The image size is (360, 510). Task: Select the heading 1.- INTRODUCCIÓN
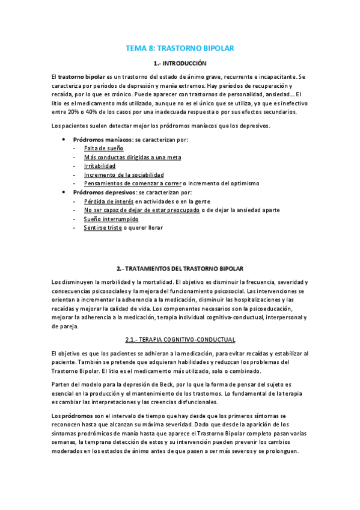[180, 63]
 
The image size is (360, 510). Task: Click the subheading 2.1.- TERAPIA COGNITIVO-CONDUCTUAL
[180, 339]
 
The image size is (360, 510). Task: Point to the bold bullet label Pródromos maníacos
[98, 139]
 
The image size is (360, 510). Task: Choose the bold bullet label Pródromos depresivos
[99, 192]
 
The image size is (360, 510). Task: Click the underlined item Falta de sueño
[104, 148]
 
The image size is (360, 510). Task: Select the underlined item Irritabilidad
[100, 165]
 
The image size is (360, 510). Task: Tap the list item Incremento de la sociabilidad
[124, 174]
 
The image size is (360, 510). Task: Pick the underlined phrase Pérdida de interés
[109, 201]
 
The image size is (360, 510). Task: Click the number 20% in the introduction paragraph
[74, 112]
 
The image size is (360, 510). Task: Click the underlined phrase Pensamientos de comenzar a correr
[132, 183]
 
